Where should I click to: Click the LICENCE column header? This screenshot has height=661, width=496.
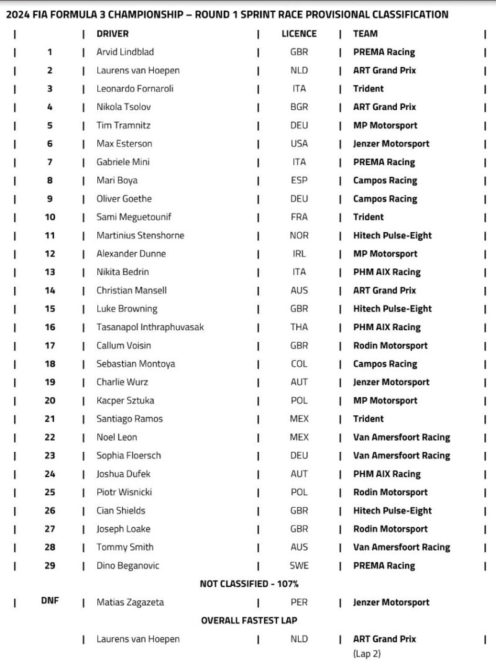click(299, 34)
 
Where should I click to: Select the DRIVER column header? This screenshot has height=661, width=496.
click(113, 34)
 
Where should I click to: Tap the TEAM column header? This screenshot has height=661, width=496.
click(365, 34)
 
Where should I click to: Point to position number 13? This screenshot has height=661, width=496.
click(50, 272)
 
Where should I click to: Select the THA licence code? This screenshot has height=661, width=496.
click(299, 327)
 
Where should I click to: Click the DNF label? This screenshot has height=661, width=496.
click(50, 601)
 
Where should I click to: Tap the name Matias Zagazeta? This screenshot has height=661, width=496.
click(130, 602)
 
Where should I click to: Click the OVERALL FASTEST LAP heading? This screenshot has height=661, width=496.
click(249, 620)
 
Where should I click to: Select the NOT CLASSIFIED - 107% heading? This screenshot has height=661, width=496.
click(249, 583)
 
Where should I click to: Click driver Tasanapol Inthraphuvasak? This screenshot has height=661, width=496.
click(150, 327)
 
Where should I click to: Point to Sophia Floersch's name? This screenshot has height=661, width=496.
click(128, 456)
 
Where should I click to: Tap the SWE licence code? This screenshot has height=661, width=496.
click(299, 565)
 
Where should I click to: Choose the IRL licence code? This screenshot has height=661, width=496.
click(299, 254)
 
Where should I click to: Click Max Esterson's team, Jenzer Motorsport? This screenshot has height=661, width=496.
click(391, 144)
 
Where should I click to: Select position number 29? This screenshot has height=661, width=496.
click(50, 565)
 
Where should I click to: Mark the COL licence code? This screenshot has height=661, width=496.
click(299, 364)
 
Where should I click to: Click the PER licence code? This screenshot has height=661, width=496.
click(299, 602)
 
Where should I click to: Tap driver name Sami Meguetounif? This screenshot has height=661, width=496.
click(134, 217)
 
